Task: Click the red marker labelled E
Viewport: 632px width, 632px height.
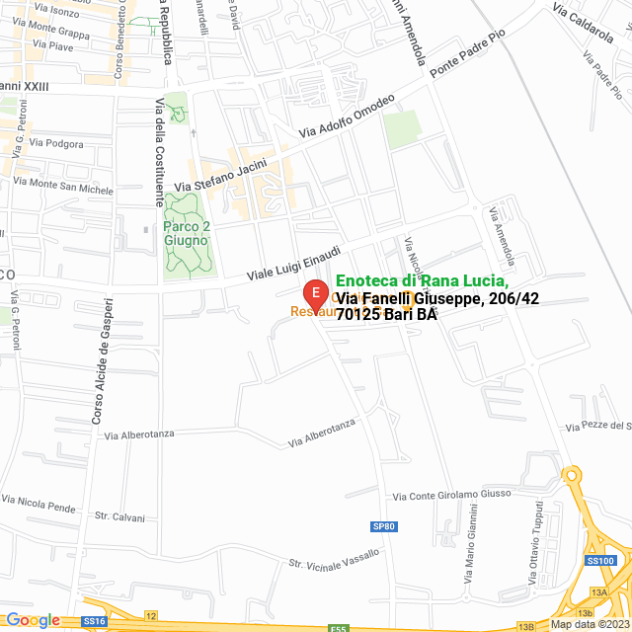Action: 314,293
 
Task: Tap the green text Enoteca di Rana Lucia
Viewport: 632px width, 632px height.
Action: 423,281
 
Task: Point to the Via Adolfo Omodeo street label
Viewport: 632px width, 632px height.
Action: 347,117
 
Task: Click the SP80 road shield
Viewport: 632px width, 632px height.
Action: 384,526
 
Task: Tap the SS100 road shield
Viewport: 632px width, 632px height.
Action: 600,561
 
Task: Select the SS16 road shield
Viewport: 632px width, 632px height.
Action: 94,621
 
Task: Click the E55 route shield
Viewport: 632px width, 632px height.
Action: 339,627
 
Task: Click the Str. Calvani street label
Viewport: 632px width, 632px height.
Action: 119,517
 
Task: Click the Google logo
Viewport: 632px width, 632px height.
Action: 33,620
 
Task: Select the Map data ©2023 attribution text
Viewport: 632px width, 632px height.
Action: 590,624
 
